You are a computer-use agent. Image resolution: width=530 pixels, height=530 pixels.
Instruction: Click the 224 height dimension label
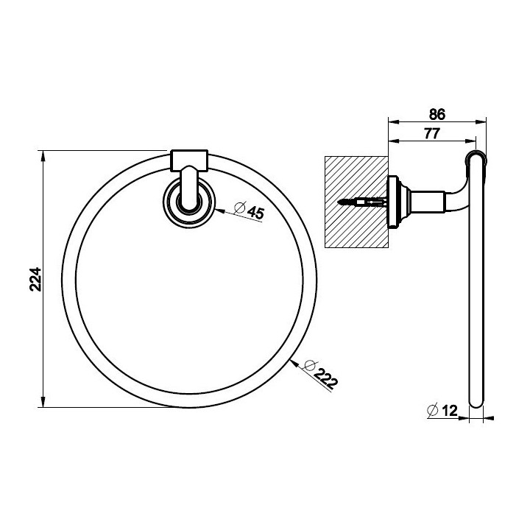point(35,279)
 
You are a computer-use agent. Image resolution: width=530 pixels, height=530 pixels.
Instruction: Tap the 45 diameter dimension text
point(255,213)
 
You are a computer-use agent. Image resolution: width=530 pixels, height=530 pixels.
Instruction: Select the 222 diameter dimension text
point(325,378)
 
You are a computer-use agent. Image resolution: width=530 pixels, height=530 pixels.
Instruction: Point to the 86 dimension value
point(437,115)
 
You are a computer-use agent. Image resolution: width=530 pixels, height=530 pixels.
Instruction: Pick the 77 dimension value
point(431,133)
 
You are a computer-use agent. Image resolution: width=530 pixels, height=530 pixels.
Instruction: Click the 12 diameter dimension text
point(449,411)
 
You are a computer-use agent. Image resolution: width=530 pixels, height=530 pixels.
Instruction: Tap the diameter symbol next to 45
point(239,207)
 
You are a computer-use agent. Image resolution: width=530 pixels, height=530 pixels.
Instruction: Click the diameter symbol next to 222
point(309,365)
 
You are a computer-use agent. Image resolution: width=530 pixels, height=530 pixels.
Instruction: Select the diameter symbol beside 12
point(433,410)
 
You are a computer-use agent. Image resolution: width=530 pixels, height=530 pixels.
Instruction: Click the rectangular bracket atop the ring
point(188,160)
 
